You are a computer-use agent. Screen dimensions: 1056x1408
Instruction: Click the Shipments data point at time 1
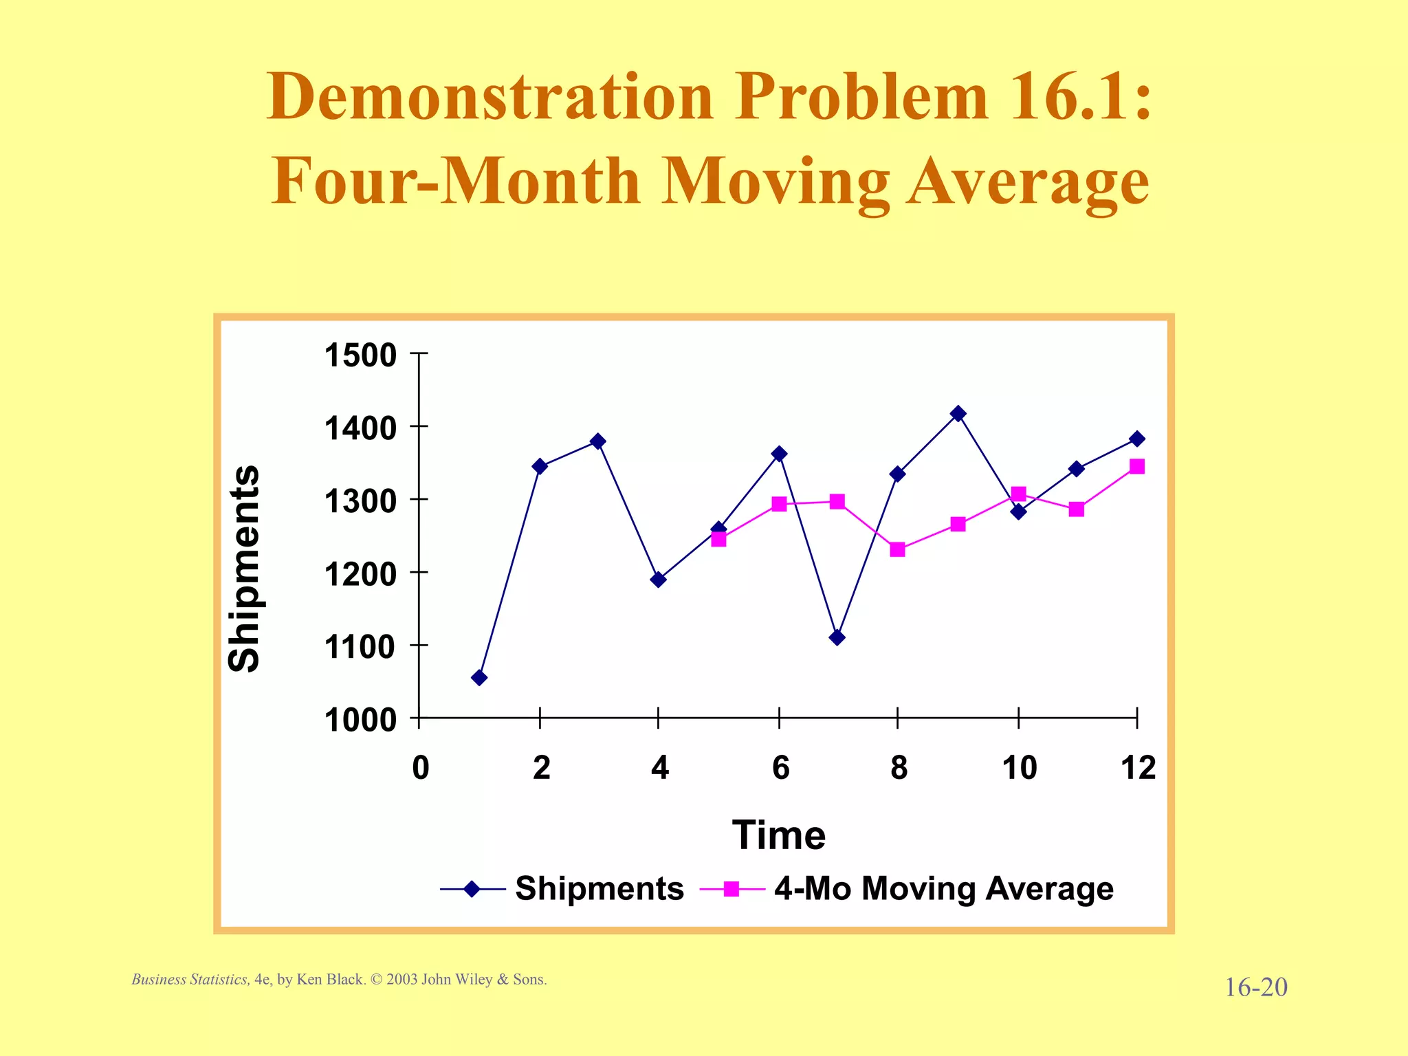pos(479,678)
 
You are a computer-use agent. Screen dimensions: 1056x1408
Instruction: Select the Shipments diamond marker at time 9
pos(958,414)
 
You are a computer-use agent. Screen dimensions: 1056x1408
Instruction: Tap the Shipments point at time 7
pos(837,637)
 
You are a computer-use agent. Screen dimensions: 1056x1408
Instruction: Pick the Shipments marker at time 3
pos(597,441)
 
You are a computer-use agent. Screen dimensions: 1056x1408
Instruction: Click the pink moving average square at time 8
pos(897,549)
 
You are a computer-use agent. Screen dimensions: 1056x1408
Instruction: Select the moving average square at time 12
pos(1137,467)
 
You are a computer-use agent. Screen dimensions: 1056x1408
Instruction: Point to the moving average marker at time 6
pos(779,504)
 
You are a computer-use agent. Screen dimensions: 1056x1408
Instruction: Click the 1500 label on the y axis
pos(360,355)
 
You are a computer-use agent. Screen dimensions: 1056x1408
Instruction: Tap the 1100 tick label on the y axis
pos(360,648)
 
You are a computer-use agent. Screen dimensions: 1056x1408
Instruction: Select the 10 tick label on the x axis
pos(1019,768)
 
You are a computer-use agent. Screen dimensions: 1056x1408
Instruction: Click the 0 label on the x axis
pos(420,768)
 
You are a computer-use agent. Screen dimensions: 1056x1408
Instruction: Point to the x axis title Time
pos(778,835)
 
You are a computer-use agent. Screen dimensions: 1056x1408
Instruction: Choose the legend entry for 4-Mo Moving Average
pos(943,888)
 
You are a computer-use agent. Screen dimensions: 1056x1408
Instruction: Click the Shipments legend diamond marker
pos(472,889)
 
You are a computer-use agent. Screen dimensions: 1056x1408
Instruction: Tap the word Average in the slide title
pos(1028,181)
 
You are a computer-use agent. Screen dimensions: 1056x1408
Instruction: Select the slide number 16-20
pos(1255,987)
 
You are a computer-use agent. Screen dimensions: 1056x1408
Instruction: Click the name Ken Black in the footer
pos(329,980)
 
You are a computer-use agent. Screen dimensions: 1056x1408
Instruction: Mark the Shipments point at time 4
pos(658,580)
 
